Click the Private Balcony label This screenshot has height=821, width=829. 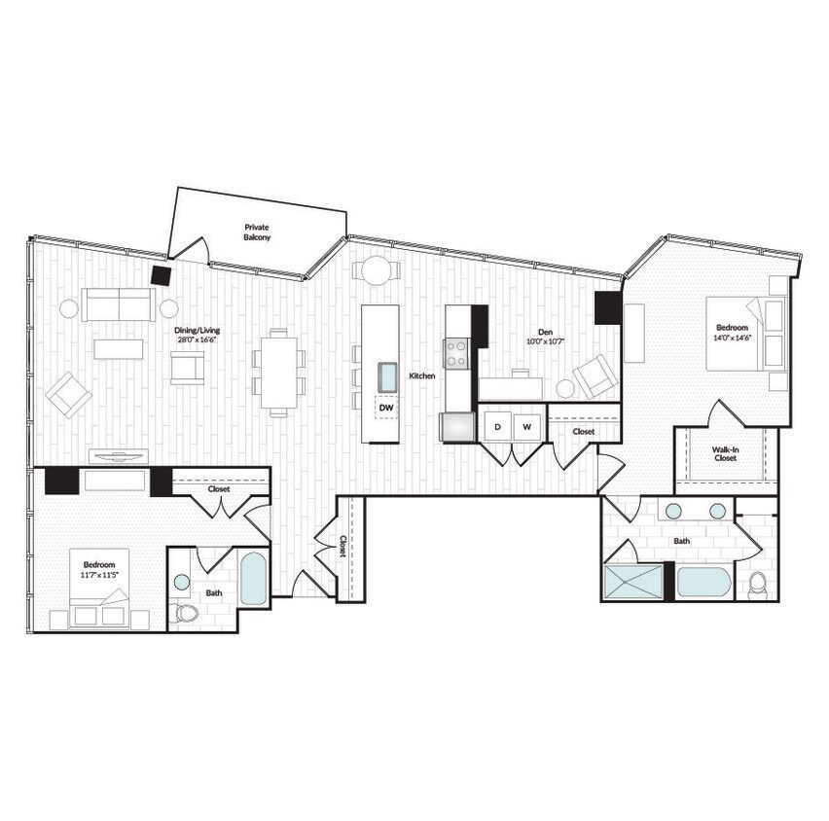click(257, 232)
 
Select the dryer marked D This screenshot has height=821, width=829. click(497, 426)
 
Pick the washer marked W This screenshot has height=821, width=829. click(526, 426)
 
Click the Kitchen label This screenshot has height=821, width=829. click(421, 375)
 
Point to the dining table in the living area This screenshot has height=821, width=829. click(278, 372)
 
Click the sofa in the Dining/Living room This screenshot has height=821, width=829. click(118, 304)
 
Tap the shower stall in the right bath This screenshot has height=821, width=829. click(632, 582)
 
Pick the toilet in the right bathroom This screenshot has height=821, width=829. click(758, 584)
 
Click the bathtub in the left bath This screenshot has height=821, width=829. click(252, 578)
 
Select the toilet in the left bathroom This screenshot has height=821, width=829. click(184, 613)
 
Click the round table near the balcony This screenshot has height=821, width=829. click(377, 269)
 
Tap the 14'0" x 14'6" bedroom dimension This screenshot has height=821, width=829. click(734, 339)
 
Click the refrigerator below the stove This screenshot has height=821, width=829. click(456, 426)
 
